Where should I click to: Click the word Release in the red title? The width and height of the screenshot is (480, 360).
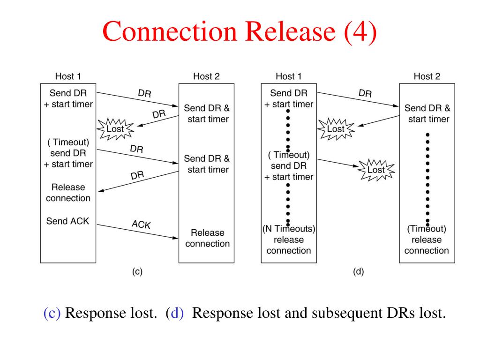point(290,31)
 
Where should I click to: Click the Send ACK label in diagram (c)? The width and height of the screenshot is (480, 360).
point(67,221)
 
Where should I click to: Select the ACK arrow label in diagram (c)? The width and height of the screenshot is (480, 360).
point(141,225)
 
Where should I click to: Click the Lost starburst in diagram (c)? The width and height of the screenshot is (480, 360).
point(115,129)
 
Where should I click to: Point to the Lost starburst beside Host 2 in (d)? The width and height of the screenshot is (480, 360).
point(376,170)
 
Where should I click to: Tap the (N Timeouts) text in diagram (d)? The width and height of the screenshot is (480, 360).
point(289,229)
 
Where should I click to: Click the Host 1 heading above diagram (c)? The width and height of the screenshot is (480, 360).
point(68,76)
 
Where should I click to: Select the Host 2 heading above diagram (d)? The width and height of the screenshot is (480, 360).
point(427,76)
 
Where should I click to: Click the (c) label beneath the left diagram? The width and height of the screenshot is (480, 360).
point(137,271)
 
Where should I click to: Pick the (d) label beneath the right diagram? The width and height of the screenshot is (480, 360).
point(358,271)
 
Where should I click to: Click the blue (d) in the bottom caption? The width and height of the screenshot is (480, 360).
point(174,313)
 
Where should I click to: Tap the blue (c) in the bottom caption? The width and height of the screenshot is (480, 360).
point(52,313)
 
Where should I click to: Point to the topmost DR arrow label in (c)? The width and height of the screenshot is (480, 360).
point(144,93)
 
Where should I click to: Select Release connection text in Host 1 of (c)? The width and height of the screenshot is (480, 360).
point(68,193)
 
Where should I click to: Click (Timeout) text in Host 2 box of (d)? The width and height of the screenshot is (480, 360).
point(427,229)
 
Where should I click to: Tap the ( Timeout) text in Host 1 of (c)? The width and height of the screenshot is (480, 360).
point(68,142)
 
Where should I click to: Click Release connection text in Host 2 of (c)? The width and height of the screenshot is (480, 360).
point(208,238)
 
